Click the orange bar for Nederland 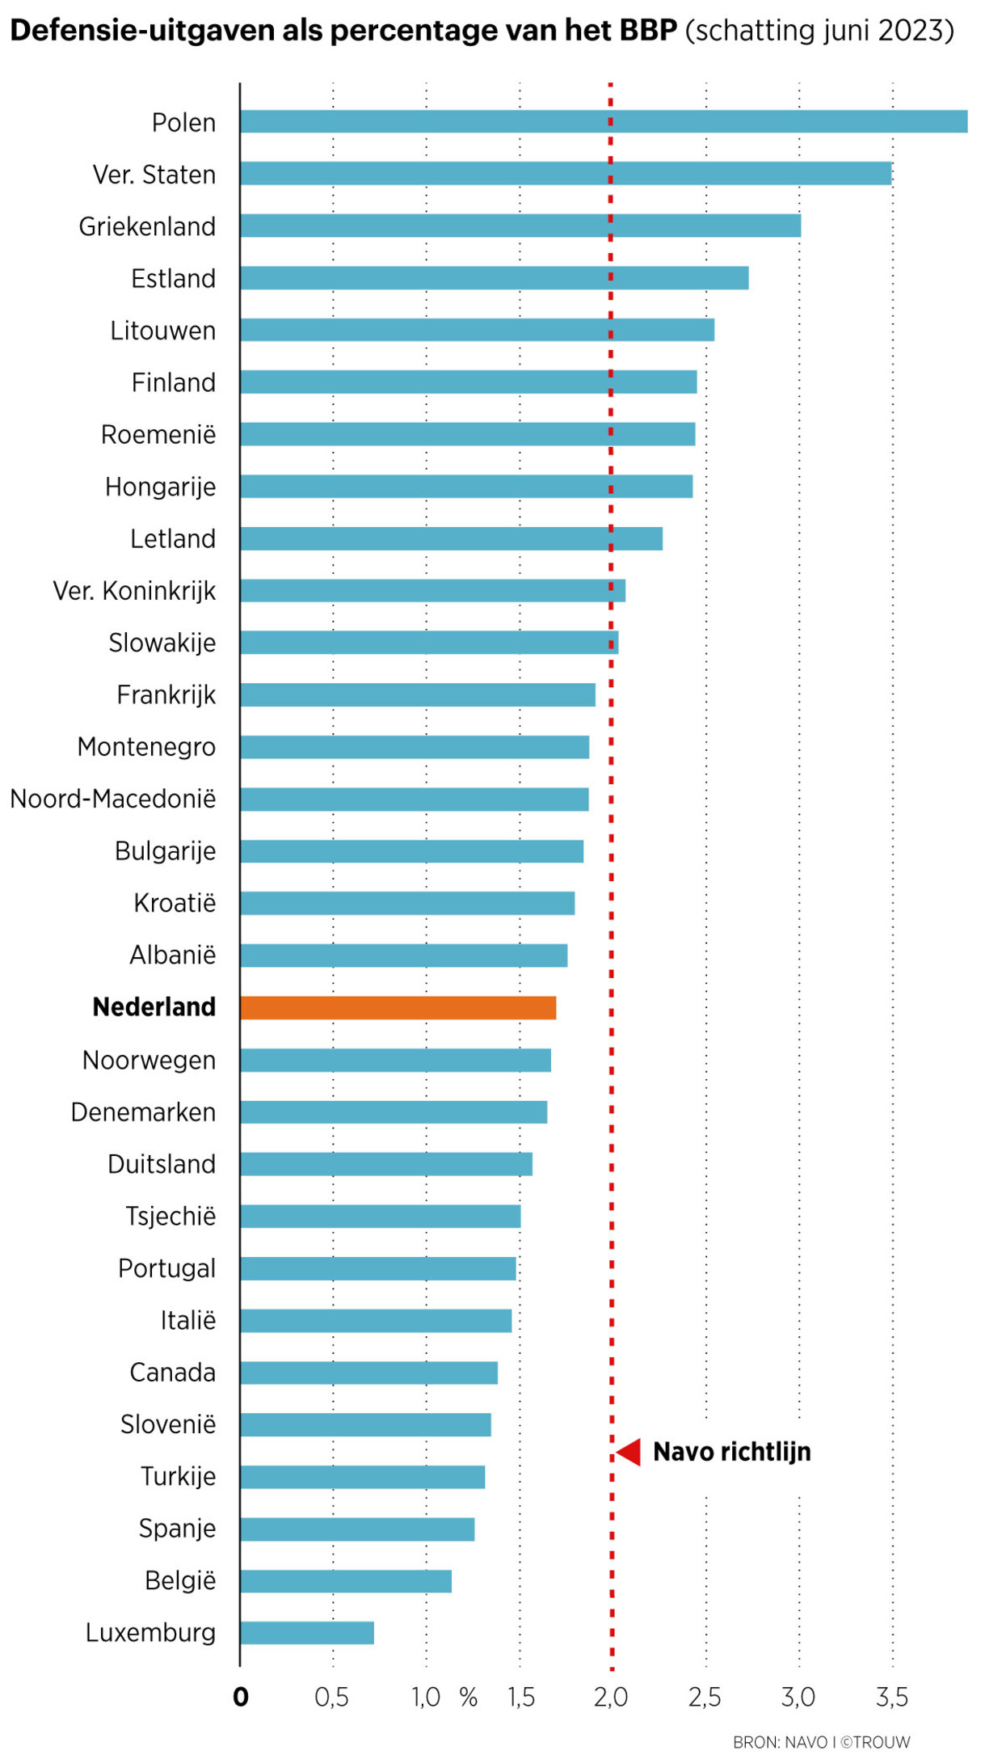click(x=398, y=1007)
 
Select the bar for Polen click(x=603, y=121)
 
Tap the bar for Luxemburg click(x=307, y=1632)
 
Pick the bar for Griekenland click(x=520, y=226)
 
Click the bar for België click(x=346, y=1580)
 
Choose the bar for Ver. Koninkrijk click(x=432, y=590)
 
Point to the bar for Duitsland click(x=386, y=1163)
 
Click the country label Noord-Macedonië click(x=113, y=799)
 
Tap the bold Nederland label click(x=154, y=1007)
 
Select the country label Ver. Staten click(x=154, y=175)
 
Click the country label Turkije click(x=179, y=1476)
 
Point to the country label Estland click(x=174, y=279)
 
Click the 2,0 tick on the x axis click(x=611, y=1697)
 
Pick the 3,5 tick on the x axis click(x=892, y=1697)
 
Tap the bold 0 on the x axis click(x=241, y=1697)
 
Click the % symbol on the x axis click(x=469, y=1697)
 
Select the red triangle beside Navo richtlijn click(x=629, y=1452)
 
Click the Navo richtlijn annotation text click(x=731, y=1452)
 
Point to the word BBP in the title click(x=648, y=31)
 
